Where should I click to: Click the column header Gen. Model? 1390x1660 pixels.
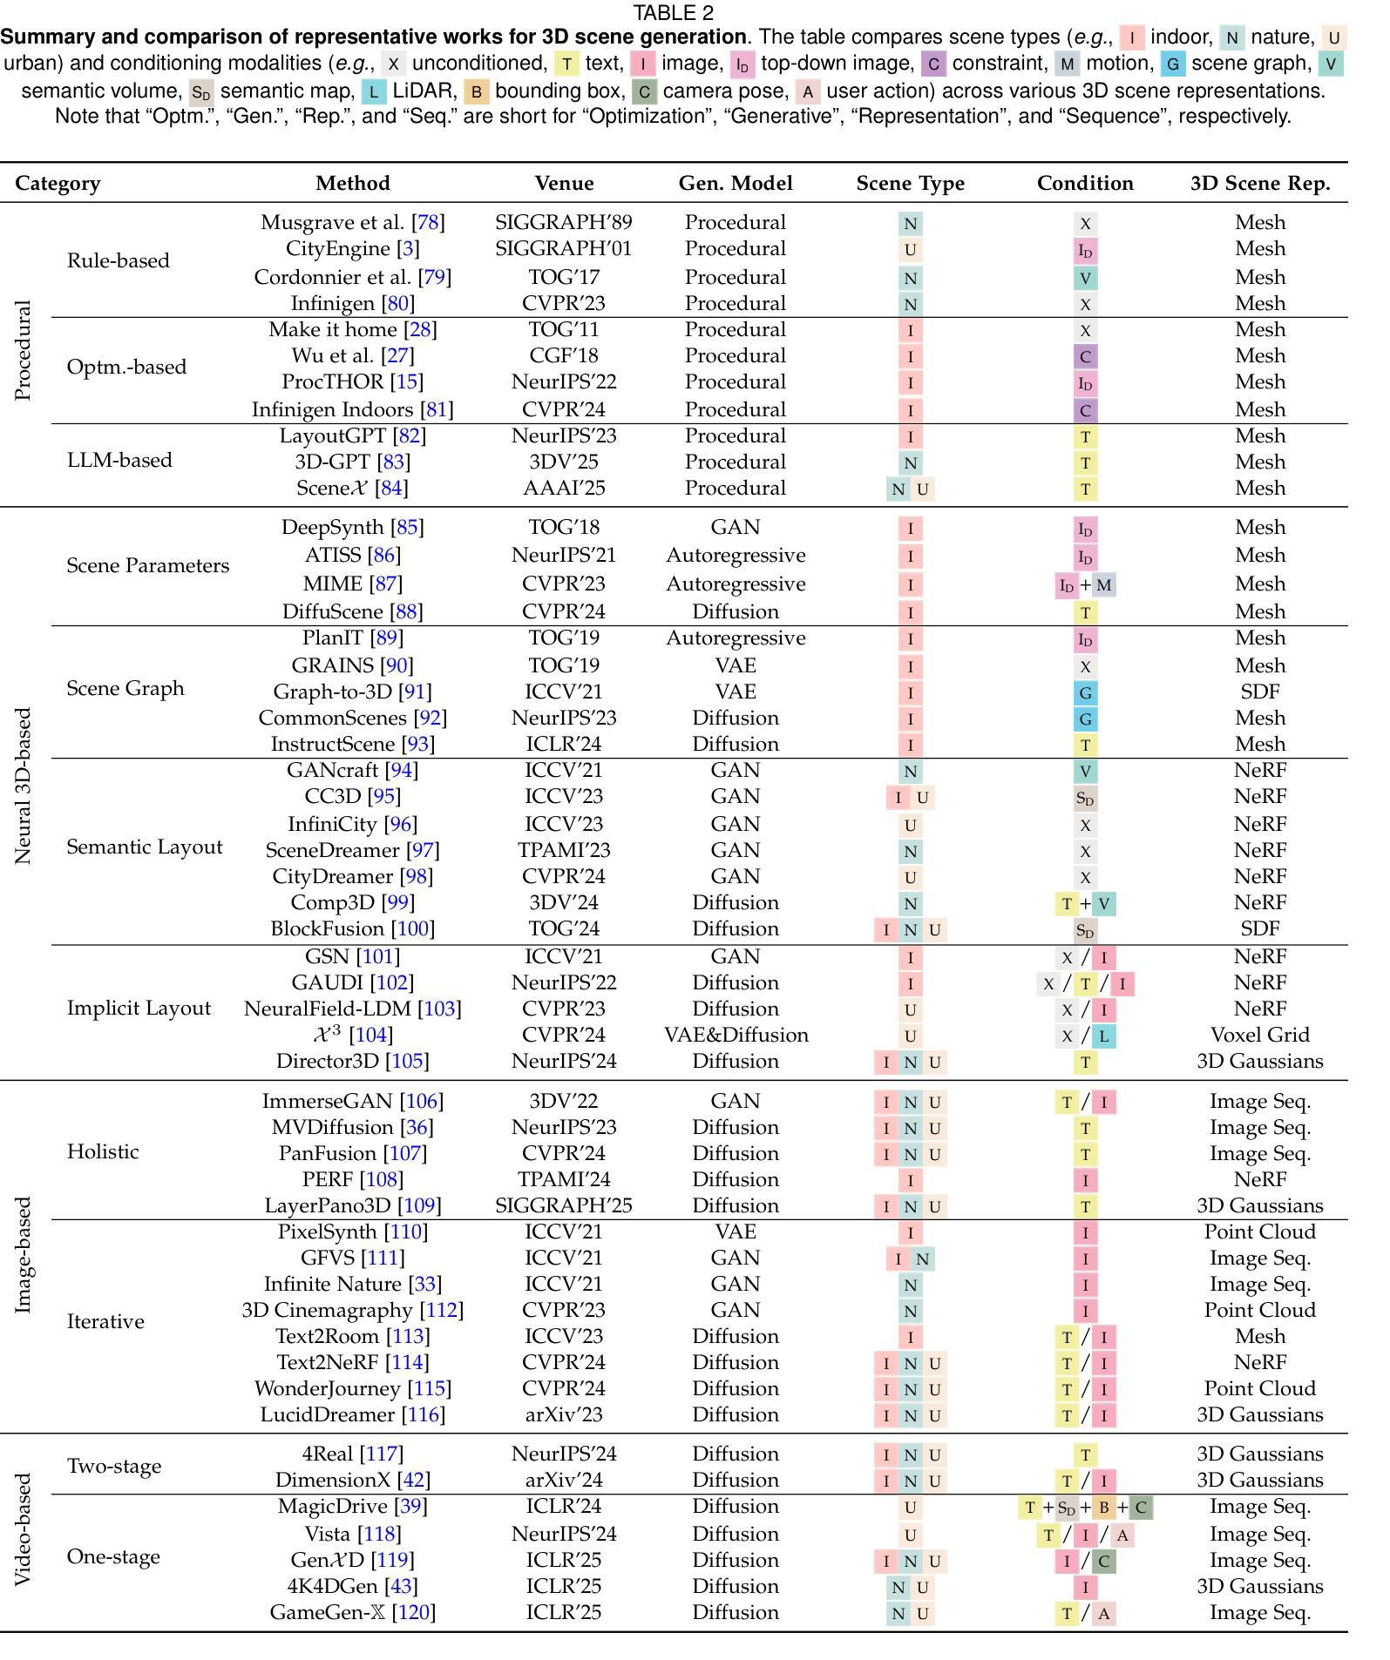736,184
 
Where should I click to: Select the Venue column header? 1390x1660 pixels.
564,184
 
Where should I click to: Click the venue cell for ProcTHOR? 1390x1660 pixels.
564,382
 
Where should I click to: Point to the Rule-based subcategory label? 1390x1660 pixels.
118,260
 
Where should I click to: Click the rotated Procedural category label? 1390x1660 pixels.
24,350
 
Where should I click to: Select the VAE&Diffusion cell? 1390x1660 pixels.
736,1036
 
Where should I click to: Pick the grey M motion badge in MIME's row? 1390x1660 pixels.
1104,585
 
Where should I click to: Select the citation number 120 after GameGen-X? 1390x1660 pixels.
414,1612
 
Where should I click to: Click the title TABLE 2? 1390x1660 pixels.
674,13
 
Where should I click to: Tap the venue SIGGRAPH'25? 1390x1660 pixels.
564,1206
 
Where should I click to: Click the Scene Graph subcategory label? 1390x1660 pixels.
125,689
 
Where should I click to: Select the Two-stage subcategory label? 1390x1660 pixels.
114,1467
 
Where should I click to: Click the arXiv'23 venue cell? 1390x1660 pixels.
564,1415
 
